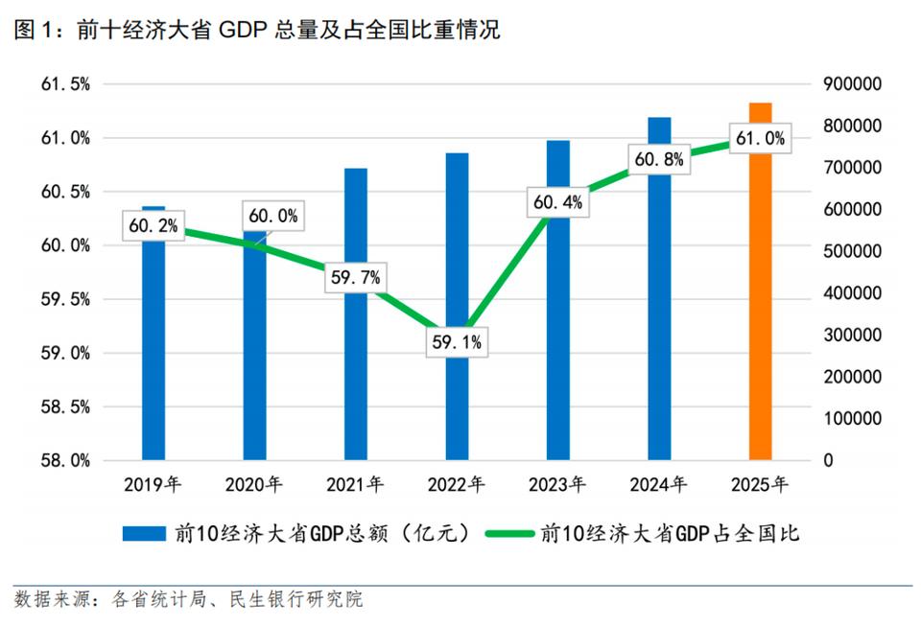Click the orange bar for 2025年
pyautogui.click(x=760, y=288)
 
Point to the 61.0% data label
pyautogui.click(x=761, y=139)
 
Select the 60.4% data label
pyautogui.click(x=558, y=202)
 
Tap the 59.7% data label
pyautogui.click(x=355, y=278)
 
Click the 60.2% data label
pyautogui.click(x=153, y=226)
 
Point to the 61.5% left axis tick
pyautogui.click(x=65, y=84)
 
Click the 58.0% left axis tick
pyautogui.click(x=65, y=460)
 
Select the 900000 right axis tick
pyautogui.click(x=852, y=84)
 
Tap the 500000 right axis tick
pyautogui.click(x=852, y=251)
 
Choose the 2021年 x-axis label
pyautogui.click(x=355, y=485)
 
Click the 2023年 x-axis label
pyautogui.click(x=557, y=485)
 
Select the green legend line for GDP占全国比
pyautogui.click(x=508, y=534)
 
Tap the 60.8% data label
pyautogui.click(x=659, y=160)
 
